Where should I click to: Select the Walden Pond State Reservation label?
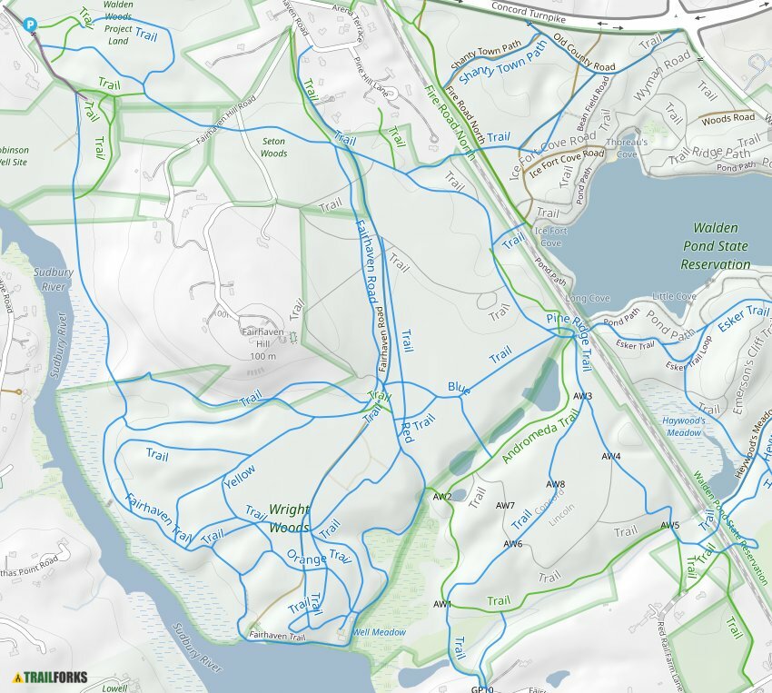(x=715, y=246)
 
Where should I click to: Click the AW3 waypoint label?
(x=583, y=397)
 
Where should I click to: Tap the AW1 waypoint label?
(x=442, y=605)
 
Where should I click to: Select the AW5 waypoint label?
(x=670, y=526)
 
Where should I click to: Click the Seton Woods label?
(x=273, y=147)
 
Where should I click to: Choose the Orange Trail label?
(x=318, y=557)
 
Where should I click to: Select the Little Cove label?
(x=674, y=297)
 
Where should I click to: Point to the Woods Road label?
(x=727, y=118)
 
